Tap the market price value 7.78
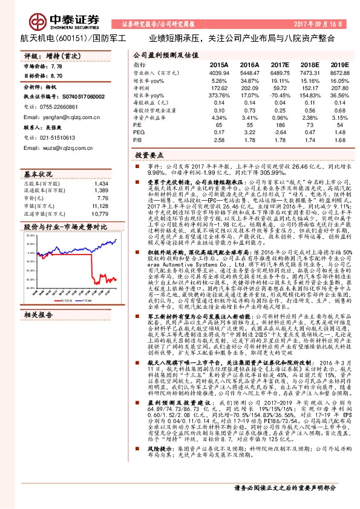57,65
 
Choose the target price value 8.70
57,76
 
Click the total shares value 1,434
102,183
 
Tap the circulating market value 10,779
100,213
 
